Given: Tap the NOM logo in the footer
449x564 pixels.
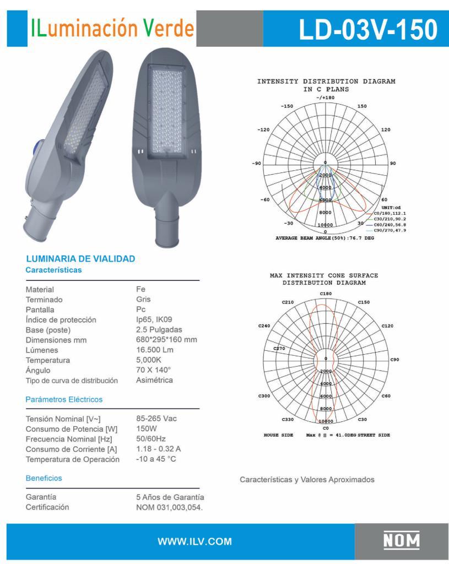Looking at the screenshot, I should click(402, 540).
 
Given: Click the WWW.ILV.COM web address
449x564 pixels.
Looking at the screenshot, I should click(194, 541).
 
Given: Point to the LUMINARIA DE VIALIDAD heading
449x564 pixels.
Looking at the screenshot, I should click(80, 259).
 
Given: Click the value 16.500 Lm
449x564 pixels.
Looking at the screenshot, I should click(155, 350).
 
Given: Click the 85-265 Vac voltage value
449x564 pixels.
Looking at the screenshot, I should click(156, 419).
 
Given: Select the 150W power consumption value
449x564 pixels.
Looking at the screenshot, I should click(147, 429).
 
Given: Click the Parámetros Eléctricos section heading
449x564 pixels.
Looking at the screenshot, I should click(64, 399).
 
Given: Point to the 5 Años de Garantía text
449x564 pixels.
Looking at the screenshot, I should click(166, 497).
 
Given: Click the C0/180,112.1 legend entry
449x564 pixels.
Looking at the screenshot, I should click(389, 213).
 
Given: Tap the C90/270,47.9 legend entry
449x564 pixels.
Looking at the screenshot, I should click(389, 230).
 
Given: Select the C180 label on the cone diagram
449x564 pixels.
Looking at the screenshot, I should click(326, 294).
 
